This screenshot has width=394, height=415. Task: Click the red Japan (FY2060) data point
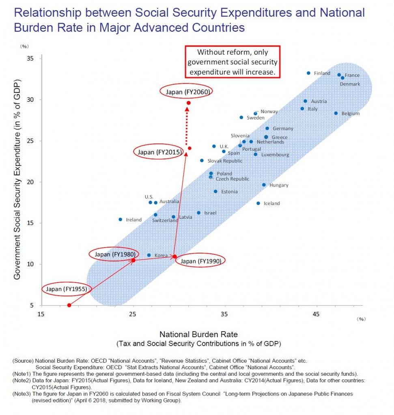(x=188, y=103)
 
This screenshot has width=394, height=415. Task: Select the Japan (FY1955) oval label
(x=67, y=289)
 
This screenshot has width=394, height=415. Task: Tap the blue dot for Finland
(x=308, y=73)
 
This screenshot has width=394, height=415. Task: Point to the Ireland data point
(x=120, y=219)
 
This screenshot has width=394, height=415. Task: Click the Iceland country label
(x=271, y=203)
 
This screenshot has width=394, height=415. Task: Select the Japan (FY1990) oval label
(x=200, y=261)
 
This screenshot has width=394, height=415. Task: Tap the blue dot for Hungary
(x=264, y=185)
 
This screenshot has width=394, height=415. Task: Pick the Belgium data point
(x=336, y=113)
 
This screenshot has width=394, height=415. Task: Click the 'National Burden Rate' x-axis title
(x=198, y=335)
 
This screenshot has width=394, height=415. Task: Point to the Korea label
(x=161, y=255)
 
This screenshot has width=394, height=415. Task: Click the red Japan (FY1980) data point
(x=133, y=260)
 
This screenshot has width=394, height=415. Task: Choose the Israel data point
(x=198, y=213)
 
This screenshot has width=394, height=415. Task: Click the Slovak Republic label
(x=224, y=161)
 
